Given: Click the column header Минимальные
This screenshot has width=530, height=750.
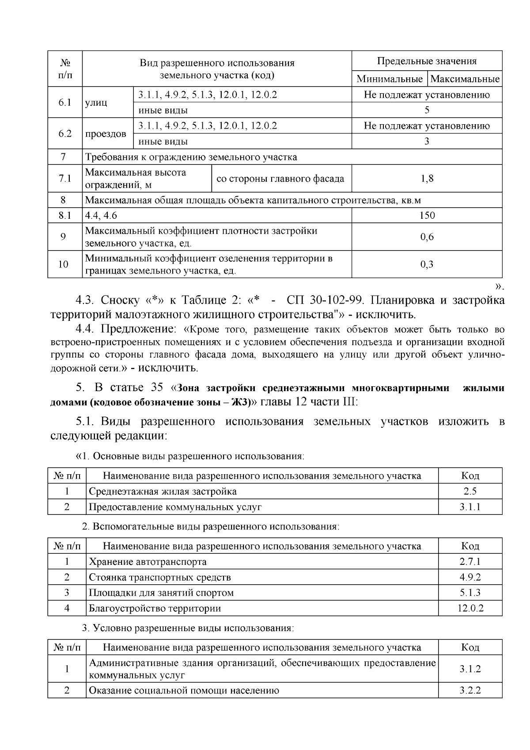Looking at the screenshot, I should (390, 79).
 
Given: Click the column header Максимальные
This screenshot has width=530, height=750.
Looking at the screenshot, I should (465, 79).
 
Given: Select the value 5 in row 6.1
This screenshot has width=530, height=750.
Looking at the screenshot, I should (427, 110).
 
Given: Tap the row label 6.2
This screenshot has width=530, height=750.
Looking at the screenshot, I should (65, 133).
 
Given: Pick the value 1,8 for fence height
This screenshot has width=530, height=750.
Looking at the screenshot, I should (427, 179).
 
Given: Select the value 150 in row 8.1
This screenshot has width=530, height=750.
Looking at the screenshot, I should (427, 215).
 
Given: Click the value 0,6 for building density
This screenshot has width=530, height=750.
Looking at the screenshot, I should (427, 237).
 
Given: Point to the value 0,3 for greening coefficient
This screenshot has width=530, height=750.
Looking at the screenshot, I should (427, 264).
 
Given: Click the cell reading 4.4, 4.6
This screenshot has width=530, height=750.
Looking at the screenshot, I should (101, 215).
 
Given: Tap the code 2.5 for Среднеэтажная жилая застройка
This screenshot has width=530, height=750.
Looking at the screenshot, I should (470, 491).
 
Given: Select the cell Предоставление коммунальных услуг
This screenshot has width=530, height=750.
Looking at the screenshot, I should (175, 507).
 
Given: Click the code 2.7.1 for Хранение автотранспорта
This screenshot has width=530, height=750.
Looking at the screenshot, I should (470, 562).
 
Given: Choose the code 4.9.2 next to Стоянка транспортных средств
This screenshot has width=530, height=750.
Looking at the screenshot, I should (470, 577).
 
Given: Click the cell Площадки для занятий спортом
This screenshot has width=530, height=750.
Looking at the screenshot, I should (161, 593).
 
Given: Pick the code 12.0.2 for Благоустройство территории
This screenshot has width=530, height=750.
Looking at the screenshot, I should (470, 608).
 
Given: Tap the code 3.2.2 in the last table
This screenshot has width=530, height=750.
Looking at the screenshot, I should (470, 690).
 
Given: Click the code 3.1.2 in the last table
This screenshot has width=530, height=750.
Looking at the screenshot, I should (470, 669).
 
